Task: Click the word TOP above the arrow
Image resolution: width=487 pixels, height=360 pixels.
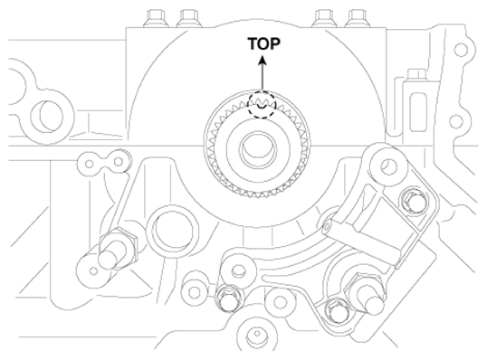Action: tap(263, 43)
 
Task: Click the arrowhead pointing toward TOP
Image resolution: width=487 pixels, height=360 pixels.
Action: tap(263, 60)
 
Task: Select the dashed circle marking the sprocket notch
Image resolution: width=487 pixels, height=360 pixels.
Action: tap(262, 105)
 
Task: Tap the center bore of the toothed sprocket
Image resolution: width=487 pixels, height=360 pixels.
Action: tap(258, 148)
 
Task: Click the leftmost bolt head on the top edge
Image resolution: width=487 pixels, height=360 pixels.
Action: tap(155, 19)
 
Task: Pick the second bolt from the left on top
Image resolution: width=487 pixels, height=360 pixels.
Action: tap(188, 19)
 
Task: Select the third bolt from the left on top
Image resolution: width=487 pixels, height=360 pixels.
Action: tap(325, 19)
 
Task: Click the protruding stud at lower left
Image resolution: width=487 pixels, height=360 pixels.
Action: tap(115, 251)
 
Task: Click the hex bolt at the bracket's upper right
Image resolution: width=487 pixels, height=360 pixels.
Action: tap(415, 201)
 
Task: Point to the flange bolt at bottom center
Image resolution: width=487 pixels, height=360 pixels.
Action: tap(230, 298)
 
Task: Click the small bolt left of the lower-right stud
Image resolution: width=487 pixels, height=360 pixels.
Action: tap(338, 310)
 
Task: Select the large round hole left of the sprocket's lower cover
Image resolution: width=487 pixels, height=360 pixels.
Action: tap(172, 229)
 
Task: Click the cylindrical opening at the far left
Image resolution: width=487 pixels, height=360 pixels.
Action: tap(47, 117)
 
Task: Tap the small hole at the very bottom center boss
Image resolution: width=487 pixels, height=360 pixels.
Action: tap(257, 334)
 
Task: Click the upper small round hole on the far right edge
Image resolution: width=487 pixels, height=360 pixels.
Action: tap(461, 50)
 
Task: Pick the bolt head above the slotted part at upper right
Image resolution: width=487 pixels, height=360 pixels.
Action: tap(415, 74)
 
